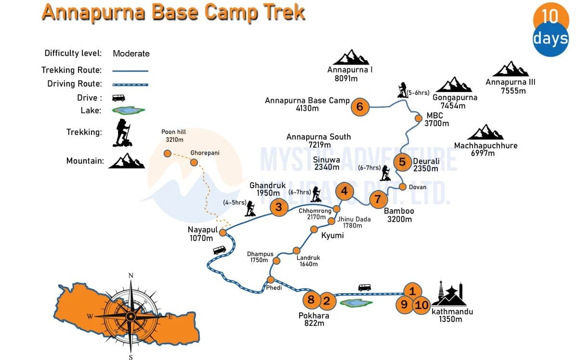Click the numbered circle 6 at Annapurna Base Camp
[x=359, y=107]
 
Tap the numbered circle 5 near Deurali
[x=402, y=162]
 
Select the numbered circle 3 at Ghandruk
[x=279, y=207]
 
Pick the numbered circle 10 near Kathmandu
[x=421, y=305]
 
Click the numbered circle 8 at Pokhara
[x=311, y=300]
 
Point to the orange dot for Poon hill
[x=167, y=154]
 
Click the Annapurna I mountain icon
[x=351, y=57]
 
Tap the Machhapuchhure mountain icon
[x=485, y=132]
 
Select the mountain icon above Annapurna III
[x=510, y=69]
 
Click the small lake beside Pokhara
[x=356, y=303]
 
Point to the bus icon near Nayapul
[x=219, y=250]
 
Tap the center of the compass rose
[x=131, y=316]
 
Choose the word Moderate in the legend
[x=131, y=53]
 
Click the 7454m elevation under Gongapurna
[x=453, y=106]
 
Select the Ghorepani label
[x=205, y=153]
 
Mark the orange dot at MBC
[x=418, y=118]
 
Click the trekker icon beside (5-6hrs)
[x=402, y=90]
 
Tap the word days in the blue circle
[x=551, y=39]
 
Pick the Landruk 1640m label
[x=308, y=261]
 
